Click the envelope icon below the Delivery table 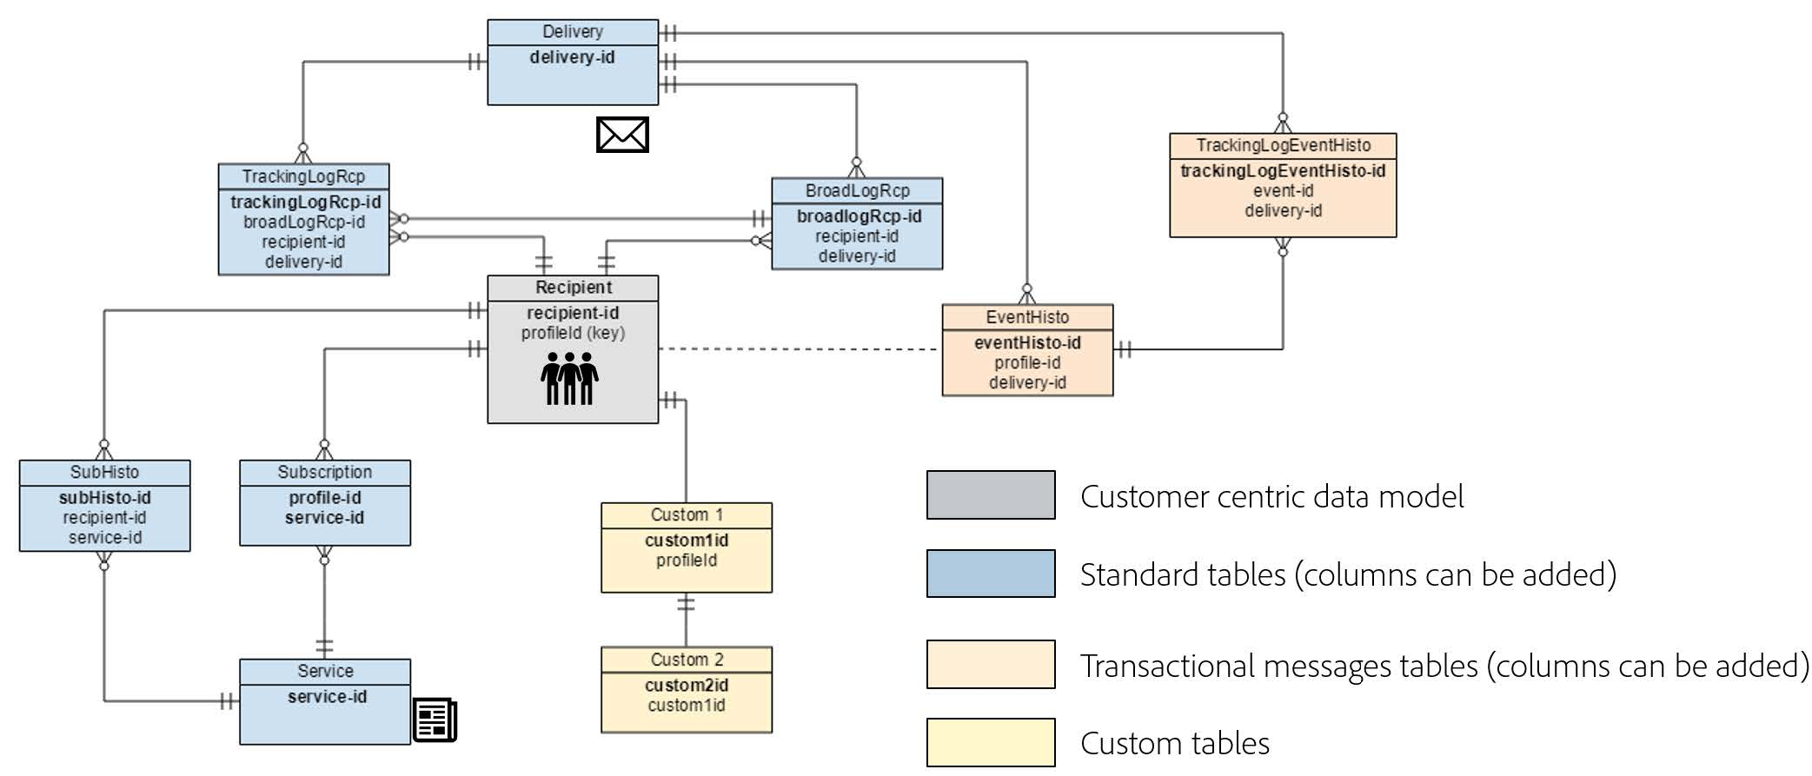pyautogui.click(x=622, y=135)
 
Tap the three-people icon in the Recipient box pyautogui.click(x=569, y=379)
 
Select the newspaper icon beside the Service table pyautogui.click(x=435, y=720)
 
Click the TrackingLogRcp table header pyautogui.click(x=303, y=176)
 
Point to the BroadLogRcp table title pyautogui.click(x=857, y=190)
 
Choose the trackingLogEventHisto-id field pyautogui.click(x=1283, y=171)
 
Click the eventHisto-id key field pyautogui.click(x=1027, y=343)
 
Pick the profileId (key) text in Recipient pyautogui.click(x=573, y=333)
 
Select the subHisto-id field pyautogui.click(x=104, y=498)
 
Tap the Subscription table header pyautogui.click(x=325, y=472)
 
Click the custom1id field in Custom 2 pyautogui.click(x=687, y=706)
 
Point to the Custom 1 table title pyautogui.click(x=687, y=514)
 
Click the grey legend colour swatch pyautogui.click(x=991, y=495)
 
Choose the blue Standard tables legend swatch pyautogui.click(x=991, y=574)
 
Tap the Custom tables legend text pyautogui.click(x=1175, y=744)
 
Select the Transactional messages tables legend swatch pyautogui.click(x=991, y=665)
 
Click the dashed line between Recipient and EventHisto pyautogui.click(x=800, y=349)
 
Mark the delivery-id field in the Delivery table pyautogui.click(x=572, y=57)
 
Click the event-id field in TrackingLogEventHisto pyautogui.click(x=1283, y=191)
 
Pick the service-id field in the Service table pyautogui.click(x=327, y=697)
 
